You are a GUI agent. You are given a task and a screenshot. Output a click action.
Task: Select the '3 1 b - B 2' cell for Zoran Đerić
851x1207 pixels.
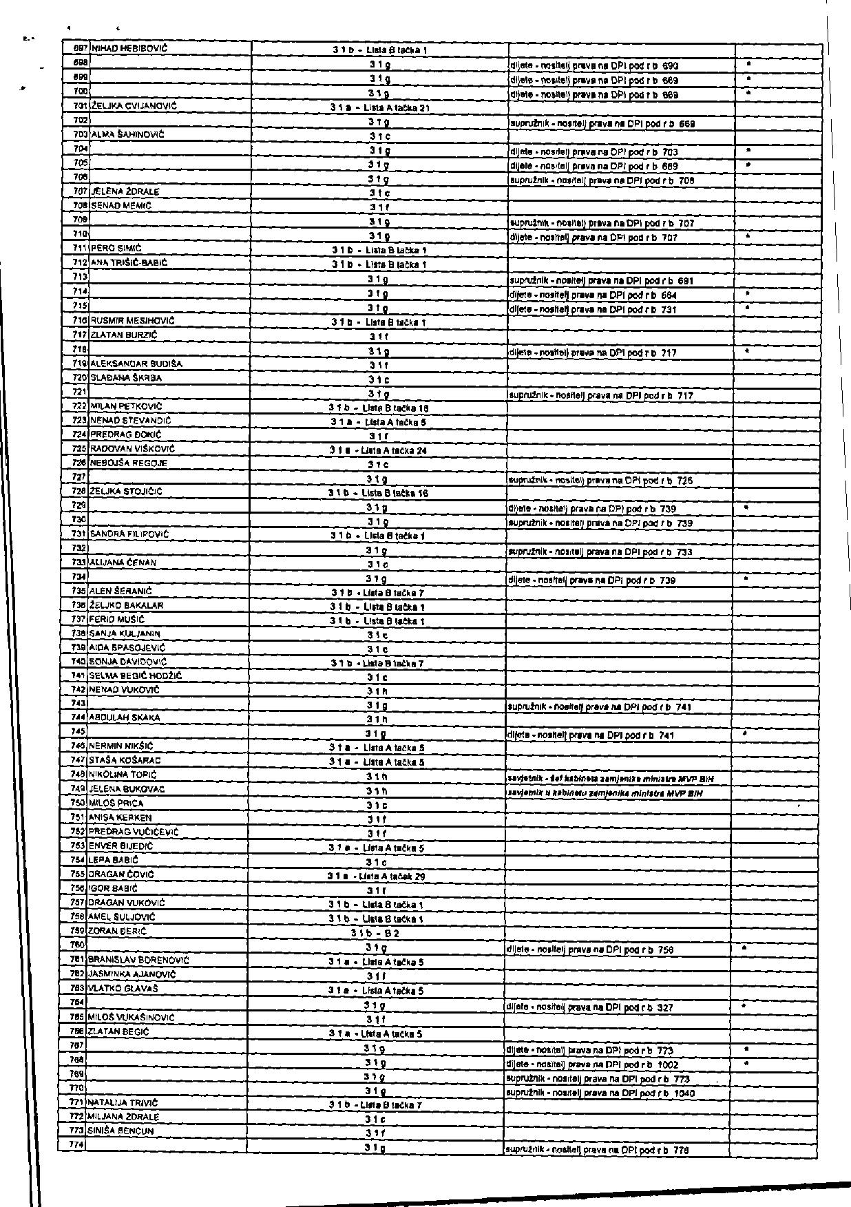click(375, 934)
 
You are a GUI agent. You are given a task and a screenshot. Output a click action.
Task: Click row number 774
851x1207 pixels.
click(78, 1145)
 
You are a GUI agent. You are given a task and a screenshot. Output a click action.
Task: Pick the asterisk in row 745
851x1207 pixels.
click(746, 734)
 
